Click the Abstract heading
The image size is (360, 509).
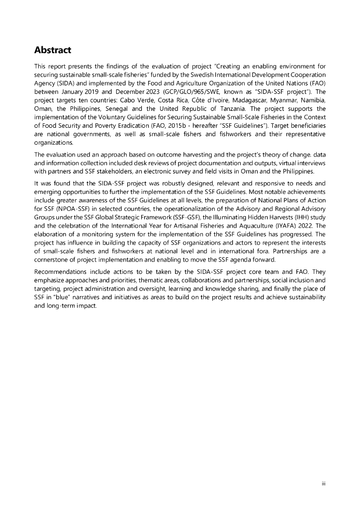click(x=53, y=50)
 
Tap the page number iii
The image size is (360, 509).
click(x=323, y=482)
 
